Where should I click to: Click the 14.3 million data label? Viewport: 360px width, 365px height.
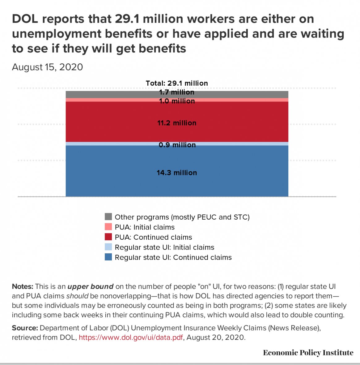point(177,173)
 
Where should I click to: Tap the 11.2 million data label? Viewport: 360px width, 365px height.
point(177,123)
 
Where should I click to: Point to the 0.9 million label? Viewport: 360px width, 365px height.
point(177,145)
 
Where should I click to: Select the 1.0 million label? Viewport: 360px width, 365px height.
point(177,101)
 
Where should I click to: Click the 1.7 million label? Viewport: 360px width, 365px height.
point(177,92)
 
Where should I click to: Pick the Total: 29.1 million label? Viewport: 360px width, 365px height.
point(177,83)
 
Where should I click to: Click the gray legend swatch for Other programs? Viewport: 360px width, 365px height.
point(108,217)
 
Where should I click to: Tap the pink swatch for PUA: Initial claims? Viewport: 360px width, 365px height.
point(108,227)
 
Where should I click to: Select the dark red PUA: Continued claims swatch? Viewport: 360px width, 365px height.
point(108,237)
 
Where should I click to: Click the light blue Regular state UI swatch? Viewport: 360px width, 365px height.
point(108,247)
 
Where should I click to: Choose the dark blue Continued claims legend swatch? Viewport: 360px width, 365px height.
point(108,257)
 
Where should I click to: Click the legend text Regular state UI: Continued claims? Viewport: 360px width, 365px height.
point(173,257)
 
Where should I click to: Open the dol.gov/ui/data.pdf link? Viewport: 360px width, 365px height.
point(131,337)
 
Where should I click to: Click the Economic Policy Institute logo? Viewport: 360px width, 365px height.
point(308,353)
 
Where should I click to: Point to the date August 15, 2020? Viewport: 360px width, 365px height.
point(48,67)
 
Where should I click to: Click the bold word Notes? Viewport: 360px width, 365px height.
point(23,286)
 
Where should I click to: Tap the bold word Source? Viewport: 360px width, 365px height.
point(25,328)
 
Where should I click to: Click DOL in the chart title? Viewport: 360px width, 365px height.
point(25,19)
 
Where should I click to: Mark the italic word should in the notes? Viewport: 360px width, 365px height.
point(77,296)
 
